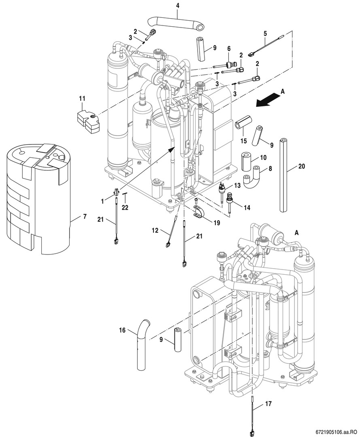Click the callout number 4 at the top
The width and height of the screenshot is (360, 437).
click(x=177, y=5)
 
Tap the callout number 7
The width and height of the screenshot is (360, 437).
click(x=85, y=216)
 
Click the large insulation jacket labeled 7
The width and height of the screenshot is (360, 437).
click(x=38, y=199)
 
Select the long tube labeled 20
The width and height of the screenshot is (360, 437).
click(x=284, y=175)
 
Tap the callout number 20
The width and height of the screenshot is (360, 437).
click(x=301, y=166)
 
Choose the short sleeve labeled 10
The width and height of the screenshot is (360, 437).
click(x=247, y=161)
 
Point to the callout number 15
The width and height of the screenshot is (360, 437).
click(x=243, y=141)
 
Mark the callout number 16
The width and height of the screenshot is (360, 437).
click(x=122, y=330)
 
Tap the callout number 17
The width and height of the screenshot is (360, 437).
click(x=268, y=403)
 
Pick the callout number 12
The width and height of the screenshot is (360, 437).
click(x=155, y=231)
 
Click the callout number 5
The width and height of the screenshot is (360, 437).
click(x=265, y=34)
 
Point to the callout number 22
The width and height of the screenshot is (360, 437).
click(x=125, y=208)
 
